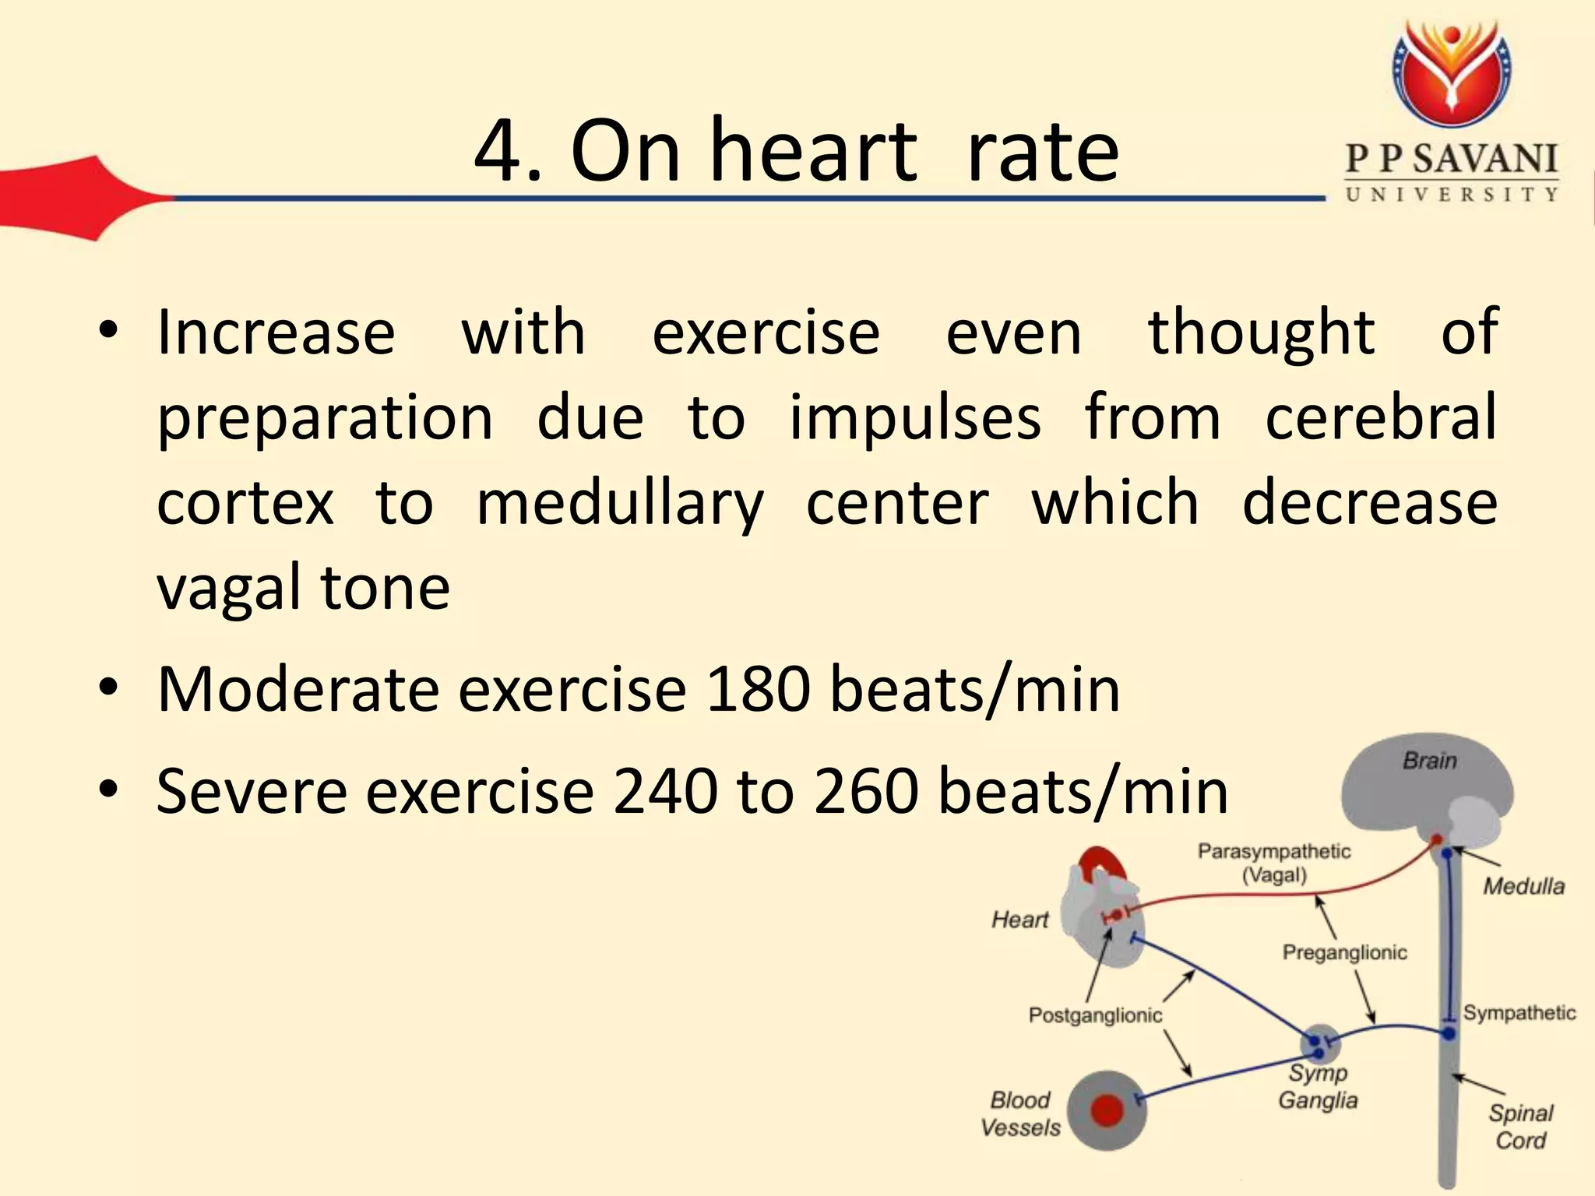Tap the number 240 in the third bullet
coord(665,791)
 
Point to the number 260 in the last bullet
coord(866,791)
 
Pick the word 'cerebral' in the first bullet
coord(1381,417)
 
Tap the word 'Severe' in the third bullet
coord(252,791)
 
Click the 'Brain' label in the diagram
coord(1429,760)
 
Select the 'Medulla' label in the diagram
coord(1523,886)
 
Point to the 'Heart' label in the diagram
coord(1019,920)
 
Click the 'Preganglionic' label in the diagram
coord(1344,952)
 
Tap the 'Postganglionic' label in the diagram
coord(1095,1015)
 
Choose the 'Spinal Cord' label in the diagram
coord(1520,1127)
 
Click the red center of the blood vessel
coord(1107,1111)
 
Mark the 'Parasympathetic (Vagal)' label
coord(1274,863)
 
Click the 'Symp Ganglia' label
coord(1318,1086)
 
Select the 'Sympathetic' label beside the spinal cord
coord(1519,1013)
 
